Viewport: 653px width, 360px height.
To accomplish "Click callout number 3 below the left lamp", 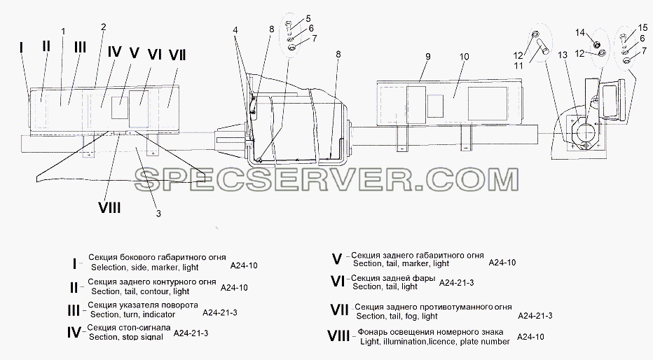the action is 158,214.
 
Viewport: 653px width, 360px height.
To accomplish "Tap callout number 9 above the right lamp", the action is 427,56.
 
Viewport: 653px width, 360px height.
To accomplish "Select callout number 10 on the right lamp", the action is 465,56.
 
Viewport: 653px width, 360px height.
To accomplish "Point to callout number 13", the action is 563,55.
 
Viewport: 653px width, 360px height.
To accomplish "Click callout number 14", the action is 581,32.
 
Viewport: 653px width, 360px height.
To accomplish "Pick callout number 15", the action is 642,28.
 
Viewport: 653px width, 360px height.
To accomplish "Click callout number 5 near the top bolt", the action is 308,18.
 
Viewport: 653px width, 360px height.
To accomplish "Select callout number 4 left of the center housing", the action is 235,30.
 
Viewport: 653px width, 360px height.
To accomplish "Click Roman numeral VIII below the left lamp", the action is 109,207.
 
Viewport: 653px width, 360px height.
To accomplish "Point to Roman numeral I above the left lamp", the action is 21,48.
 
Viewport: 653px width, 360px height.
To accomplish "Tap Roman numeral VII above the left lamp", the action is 177,55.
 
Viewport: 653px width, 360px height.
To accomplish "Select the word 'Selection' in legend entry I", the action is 109,267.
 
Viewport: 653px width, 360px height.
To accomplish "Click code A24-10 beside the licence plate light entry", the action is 530,337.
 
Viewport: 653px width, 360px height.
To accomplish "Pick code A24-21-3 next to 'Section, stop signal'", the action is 191,333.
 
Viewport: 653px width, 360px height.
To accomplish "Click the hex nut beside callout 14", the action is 596,44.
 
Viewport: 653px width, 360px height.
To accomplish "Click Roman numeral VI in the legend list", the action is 337,282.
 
